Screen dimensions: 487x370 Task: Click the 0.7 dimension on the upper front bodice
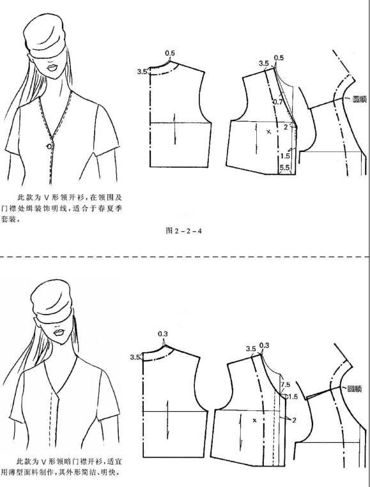277,101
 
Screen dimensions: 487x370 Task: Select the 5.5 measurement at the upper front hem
285,167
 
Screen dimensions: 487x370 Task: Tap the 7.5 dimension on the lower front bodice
285,385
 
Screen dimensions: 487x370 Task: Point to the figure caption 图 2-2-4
183,230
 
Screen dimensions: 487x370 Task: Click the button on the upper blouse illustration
49,146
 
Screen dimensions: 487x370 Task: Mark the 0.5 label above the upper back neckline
170,52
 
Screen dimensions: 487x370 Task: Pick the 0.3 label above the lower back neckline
164,333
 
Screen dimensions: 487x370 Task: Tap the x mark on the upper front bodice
268,131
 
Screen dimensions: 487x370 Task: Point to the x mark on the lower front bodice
254,421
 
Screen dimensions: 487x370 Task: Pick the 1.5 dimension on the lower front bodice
293,396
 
